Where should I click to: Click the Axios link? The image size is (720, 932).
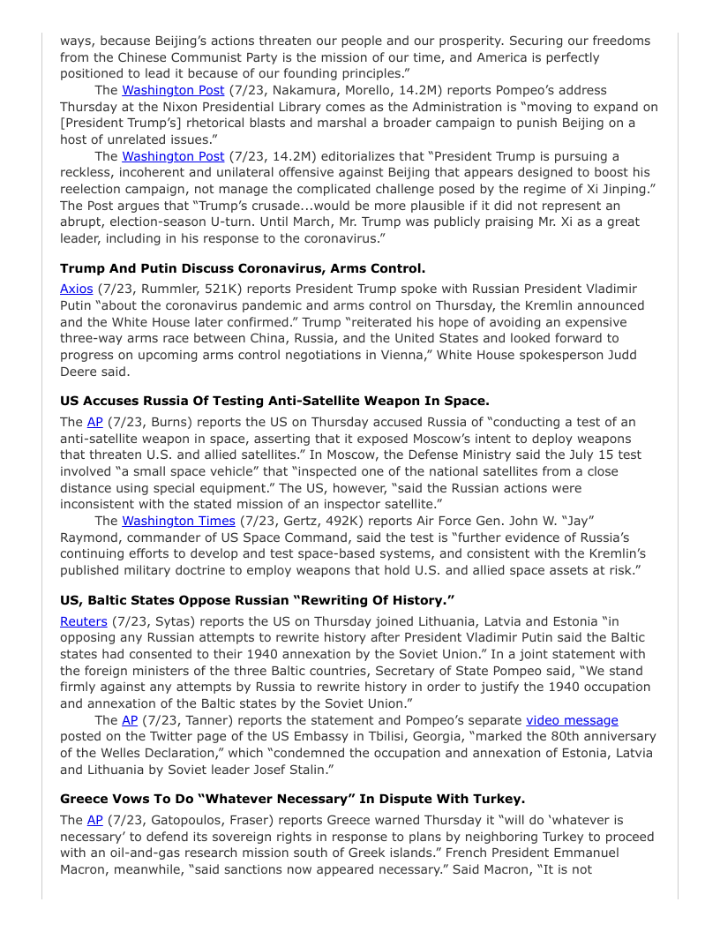(x=76, y=289)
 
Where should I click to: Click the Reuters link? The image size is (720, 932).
(x=83, y=621)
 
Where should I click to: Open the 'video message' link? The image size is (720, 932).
(x=572, y=720)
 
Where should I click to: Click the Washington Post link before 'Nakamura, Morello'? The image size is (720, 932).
(x=173, y=90)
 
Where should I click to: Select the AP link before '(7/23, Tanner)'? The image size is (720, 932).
(x=130, y=720)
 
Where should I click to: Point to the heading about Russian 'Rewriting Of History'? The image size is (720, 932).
(x=257, y=600)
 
